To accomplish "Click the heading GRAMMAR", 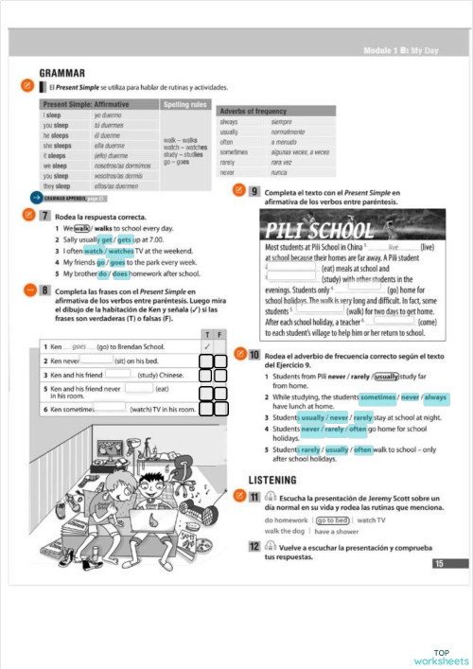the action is coord(62,72).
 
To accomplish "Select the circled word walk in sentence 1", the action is coord(81,228).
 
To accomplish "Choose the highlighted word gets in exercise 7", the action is coord(124,239).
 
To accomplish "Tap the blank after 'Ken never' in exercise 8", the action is coord(96,360).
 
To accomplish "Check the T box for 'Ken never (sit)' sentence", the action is coord(207,361).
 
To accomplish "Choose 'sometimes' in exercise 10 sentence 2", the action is coord(377,396).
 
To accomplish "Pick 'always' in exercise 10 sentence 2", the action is coord(435,396).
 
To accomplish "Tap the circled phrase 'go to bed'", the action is coord(332,519).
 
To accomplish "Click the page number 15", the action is coord(438,564).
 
